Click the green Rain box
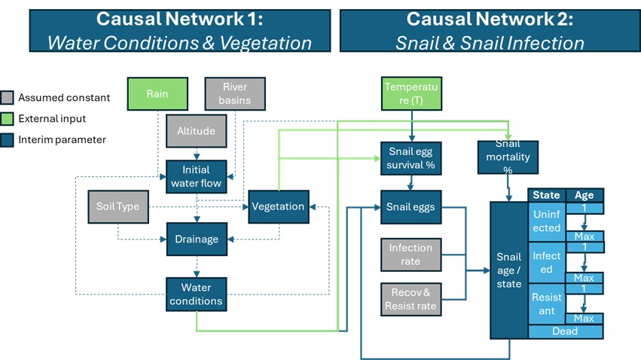[x=157, y=95]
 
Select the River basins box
[x=235, y=95]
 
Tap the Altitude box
[x=197, y=131]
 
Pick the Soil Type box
[x=118, y=206]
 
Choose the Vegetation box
[x=278, y=206]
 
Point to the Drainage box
[x=197, y=239]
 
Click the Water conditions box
[x=197, y=294]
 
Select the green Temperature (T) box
[x=411, y=95]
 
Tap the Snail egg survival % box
[x=411, y=157]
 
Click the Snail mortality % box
[x=508, y=157]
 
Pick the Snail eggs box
[x=411, y=206]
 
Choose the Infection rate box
[x=411, y=255]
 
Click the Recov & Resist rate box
[x=411, y=299]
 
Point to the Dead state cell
[x=565, y=331]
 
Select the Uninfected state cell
[x=547, y=221]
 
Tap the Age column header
[x=584, y=195]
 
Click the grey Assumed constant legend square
[x=8, y=98]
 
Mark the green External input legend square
[x=8, y=119]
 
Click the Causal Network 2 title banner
[x=490, y=31]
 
